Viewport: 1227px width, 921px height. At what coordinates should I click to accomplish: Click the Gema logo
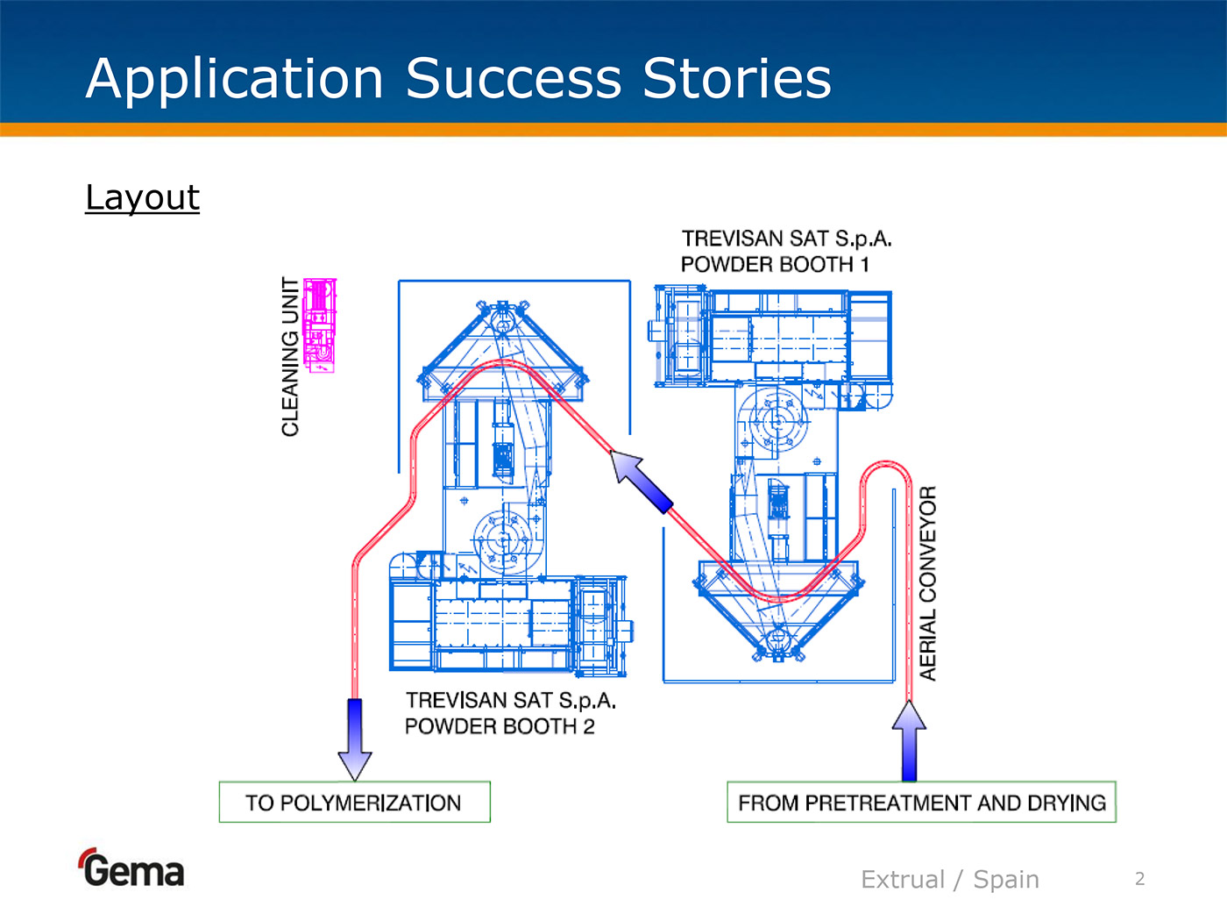click(x=131, y=868)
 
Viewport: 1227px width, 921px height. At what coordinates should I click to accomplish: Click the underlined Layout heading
click(x=142, y=197)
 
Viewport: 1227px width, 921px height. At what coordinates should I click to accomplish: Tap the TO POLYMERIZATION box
click(x=354, y=802)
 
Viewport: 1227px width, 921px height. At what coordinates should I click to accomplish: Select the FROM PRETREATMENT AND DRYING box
click(x=921, y=802)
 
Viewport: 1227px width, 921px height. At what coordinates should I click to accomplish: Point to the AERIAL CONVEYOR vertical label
click(x=927, y=583)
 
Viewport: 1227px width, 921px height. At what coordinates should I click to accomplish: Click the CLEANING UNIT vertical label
click(x=290, y=356)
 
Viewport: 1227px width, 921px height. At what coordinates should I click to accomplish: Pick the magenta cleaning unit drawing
click(x=319, y=325)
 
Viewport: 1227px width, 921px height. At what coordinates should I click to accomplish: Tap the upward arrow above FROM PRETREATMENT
click(x=909, y=741)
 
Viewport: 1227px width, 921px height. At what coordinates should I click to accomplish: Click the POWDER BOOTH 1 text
click(x=775, y=264)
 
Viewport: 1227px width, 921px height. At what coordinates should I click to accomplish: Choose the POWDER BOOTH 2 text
click(x=500, y=726)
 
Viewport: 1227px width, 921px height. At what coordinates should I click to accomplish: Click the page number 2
click(x=1139, y=879)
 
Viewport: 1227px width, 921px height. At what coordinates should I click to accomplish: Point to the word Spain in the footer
click(x=1006, y=879)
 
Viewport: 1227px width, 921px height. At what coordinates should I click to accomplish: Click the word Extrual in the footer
click(x=903, y=879)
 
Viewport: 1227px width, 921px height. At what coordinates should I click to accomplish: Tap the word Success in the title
click(x=514, y=78)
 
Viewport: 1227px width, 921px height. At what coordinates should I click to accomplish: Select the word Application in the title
click(x=235, y=78)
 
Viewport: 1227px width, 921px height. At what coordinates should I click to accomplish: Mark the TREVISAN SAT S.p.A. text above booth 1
click(x=786, y=239)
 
